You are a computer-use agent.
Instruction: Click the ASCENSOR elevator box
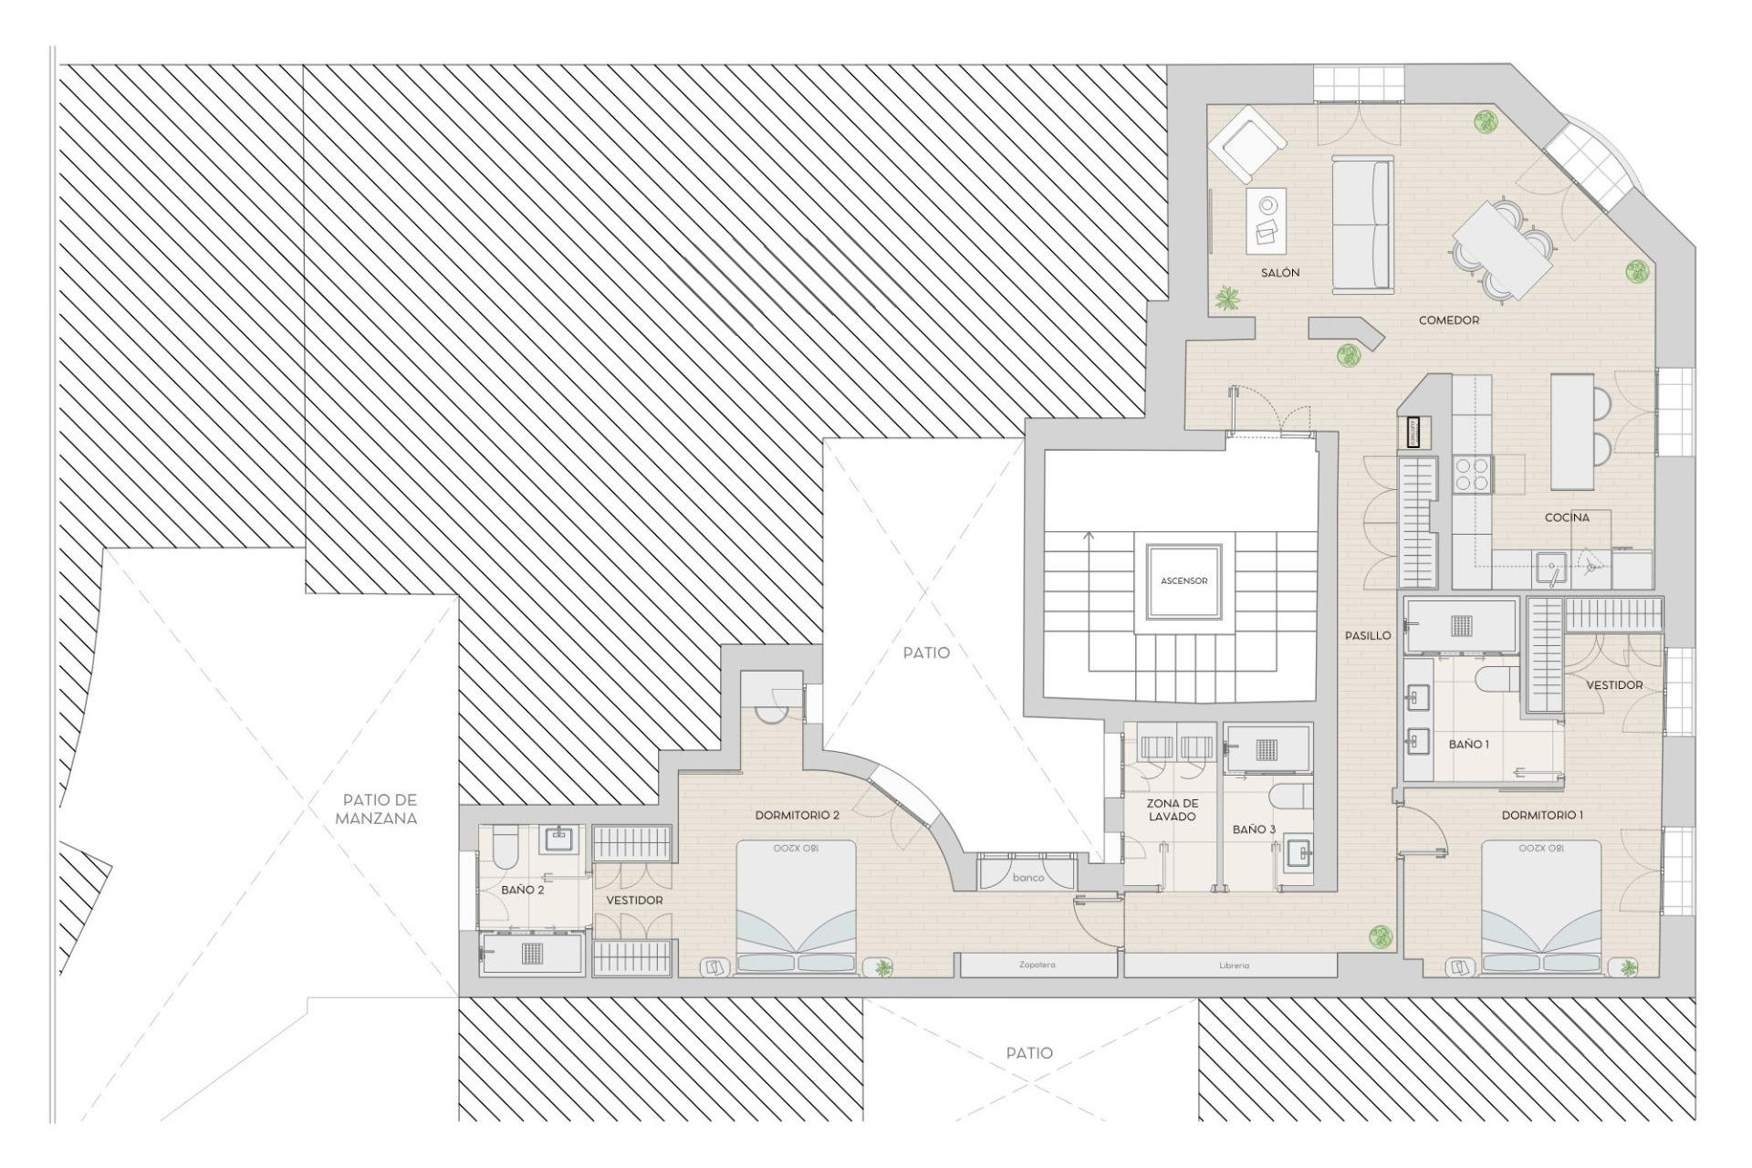(x=1184, y=580)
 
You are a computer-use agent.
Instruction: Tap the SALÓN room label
(x=1280, y=273)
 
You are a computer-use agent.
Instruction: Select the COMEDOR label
(x=1449, y=320)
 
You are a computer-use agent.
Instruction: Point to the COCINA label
(x=1567, y=517)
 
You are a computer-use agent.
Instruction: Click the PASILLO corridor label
(x=1368, y=635)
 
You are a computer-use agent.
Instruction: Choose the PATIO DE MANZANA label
(x=377, y=809)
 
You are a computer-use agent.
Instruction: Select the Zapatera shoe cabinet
(x=1038, y=965)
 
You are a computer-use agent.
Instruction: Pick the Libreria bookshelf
(x=1233, y=965)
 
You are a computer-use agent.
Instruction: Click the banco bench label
(x=1028, y=877)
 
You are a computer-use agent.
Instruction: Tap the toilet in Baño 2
(x=505, y=848)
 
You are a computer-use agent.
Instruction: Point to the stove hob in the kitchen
(x=1471, y=475)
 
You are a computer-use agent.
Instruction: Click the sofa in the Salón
(x=1361, y=225)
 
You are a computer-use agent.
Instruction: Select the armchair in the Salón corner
(x=1246, y=146)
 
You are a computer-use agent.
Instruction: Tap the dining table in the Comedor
(x=1502, y=249)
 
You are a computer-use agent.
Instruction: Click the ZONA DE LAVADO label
(x=1172, y=810)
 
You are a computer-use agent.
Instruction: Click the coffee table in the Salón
(x=1267, y=221)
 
